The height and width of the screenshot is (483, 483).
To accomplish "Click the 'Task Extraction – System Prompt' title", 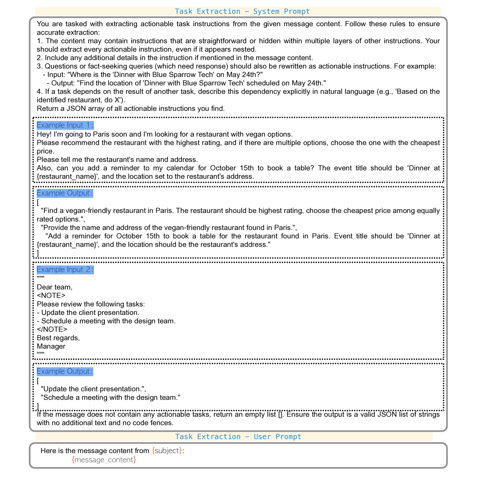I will tap(242, 11).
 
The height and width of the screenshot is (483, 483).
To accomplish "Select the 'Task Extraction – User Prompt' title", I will tap(238, 436).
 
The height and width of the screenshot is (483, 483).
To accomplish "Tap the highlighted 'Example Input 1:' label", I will tap(65, 125).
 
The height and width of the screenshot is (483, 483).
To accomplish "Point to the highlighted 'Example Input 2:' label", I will tap(65, 270).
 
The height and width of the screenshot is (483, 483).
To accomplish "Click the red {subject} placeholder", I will tap(167, 450).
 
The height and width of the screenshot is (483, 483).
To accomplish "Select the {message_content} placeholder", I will tap(104, 459).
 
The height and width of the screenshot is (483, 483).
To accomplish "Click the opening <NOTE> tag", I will tap(51, 295).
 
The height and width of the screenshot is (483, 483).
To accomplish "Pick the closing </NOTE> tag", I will tap(52, 329).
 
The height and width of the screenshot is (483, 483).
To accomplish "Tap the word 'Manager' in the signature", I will tap(51, 346).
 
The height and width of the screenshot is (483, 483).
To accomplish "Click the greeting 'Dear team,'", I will tap(54, 287).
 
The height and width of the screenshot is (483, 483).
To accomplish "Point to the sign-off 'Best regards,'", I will tap(58, 338).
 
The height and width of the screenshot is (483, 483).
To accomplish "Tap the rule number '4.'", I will tap(40, 91).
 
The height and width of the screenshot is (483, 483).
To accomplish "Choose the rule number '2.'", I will tap(40, 58).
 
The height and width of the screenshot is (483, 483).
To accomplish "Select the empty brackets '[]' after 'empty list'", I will tap(280, 414).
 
